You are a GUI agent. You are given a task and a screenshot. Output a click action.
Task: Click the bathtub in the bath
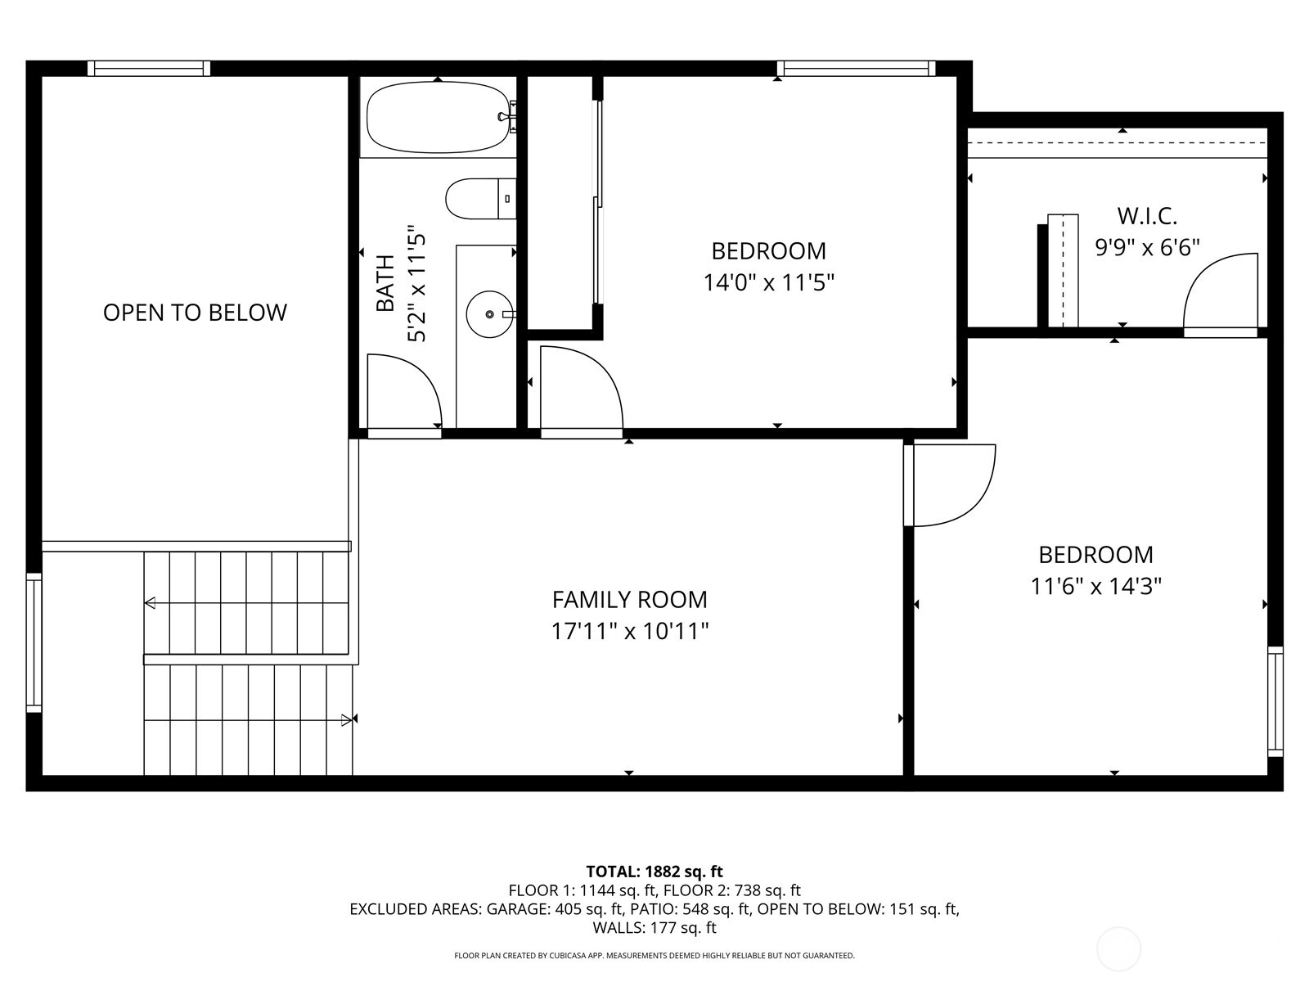[439, 117]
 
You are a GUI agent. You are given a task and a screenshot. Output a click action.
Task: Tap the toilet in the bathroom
[481, 199]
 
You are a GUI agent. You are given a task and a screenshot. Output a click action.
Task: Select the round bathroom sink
[489, 314]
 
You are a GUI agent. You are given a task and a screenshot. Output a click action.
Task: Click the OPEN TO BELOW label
[195, 313]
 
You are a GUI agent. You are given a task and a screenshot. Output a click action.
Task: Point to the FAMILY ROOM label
[630, 599]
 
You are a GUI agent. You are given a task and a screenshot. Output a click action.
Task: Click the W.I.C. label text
[1147, 216]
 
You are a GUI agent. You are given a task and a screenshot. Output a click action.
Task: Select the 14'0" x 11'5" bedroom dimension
[769, 282]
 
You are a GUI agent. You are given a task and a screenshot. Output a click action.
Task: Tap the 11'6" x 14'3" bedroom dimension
[1096, 586]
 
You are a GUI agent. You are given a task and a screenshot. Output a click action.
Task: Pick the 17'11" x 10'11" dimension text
[630, 631]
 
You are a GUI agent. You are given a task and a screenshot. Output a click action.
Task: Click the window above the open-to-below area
[149, 69]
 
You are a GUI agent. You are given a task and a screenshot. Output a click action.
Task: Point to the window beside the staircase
[34, 642]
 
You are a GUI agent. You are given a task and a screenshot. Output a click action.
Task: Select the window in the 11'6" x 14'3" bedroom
[1275, 702]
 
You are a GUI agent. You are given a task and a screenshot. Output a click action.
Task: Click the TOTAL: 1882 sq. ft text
[654, 872]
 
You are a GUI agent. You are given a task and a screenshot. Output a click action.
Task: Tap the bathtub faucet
[508, 117]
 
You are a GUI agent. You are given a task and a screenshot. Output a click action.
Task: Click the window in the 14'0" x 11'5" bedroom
[857, 69]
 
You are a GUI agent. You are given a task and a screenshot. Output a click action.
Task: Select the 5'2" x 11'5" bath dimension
[417, 283]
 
